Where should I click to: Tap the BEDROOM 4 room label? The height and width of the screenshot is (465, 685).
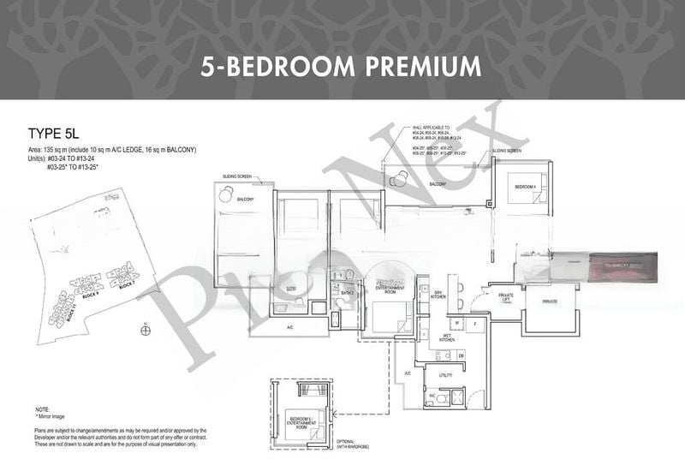pyautogui.click(x=525, y=186)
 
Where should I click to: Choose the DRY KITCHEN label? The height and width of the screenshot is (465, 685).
pyautogui.click(x=438, y=295)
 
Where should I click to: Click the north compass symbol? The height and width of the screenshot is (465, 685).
pyautogui.click(x=144, y=330)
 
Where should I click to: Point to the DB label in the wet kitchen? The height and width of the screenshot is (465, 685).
pyautogui.click(x=461, y=355)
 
